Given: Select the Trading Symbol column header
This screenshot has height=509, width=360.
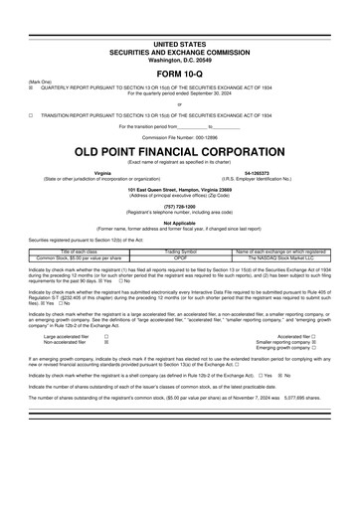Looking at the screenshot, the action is pos(180,253).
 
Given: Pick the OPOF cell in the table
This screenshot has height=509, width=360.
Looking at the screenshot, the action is pos(180,257).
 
